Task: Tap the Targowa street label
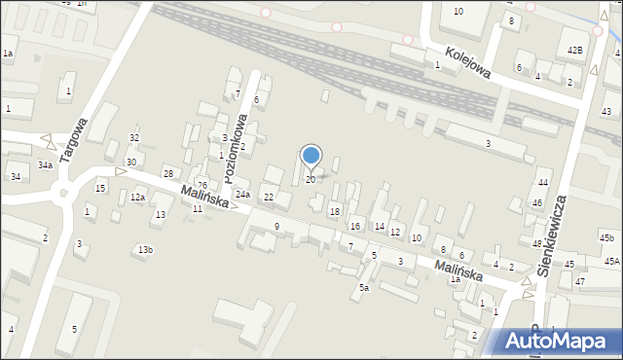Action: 75,146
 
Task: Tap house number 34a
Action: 45,165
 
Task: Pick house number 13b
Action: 144,250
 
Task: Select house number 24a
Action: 242,195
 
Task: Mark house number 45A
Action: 611,261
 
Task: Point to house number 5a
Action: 364,287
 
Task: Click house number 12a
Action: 137,198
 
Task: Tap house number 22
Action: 270,198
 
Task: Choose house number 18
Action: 335,211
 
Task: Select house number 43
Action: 606,112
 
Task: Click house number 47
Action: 580,281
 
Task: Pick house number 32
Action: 134,138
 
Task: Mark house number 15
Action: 100,187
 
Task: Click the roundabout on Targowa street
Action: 67,194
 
